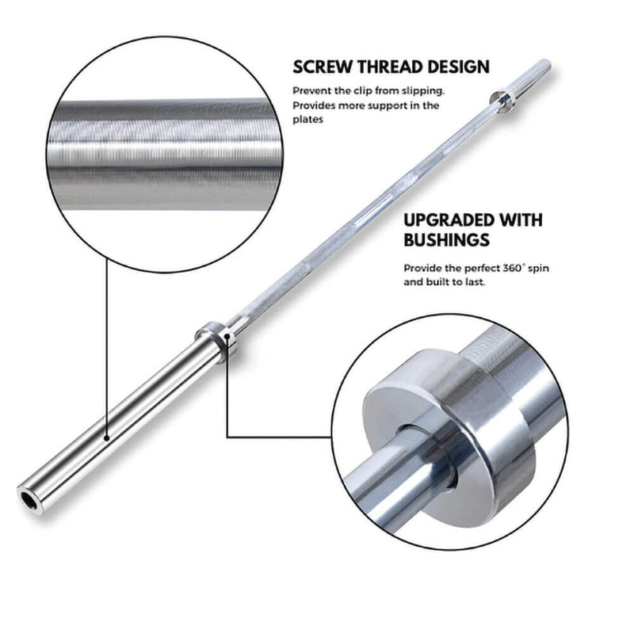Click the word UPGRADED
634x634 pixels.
pos(449,220)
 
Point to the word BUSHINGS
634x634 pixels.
pos(446,240)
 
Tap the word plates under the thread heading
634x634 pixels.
pos(308,120)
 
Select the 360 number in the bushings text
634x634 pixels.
pos(512,268)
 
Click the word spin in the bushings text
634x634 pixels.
pos(538,269)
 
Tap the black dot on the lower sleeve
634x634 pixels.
pos(107,438)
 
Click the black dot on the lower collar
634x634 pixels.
pos(227,335)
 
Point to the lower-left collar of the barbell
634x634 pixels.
pos(216,342)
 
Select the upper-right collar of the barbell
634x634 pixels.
pos(502,102)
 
